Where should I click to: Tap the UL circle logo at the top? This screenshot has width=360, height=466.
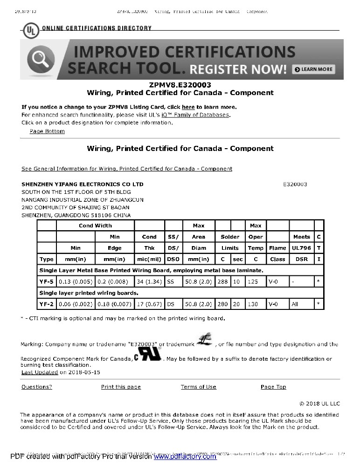[31, 31]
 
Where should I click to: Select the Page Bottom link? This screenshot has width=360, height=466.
[47, 131]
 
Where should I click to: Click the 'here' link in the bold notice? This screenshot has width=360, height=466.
[188, 107]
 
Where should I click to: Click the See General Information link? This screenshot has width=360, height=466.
[127, 169]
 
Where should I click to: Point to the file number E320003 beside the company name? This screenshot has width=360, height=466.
[295, 184]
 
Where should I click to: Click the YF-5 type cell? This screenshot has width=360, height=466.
[47, 281]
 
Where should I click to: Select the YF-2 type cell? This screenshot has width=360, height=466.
[47, 304]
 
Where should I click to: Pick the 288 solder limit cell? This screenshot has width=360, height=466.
[223, 281]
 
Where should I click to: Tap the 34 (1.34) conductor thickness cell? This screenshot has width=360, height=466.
[149, 281]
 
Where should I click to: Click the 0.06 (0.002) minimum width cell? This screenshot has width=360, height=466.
[76, 304]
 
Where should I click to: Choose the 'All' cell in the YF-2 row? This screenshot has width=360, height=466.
[295, 304]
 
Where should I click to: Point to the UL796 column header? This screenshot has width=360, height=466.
[301, 248]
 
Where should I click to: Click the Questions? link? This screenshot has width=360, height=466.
[37, 387]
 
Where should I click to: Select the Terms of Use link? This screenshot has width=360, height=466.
[199, 387]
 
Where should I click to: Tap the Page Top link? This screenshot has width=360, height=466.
[273, 387]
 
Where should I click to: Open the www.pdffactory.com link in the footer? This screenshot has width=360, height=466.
[185, 457]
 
